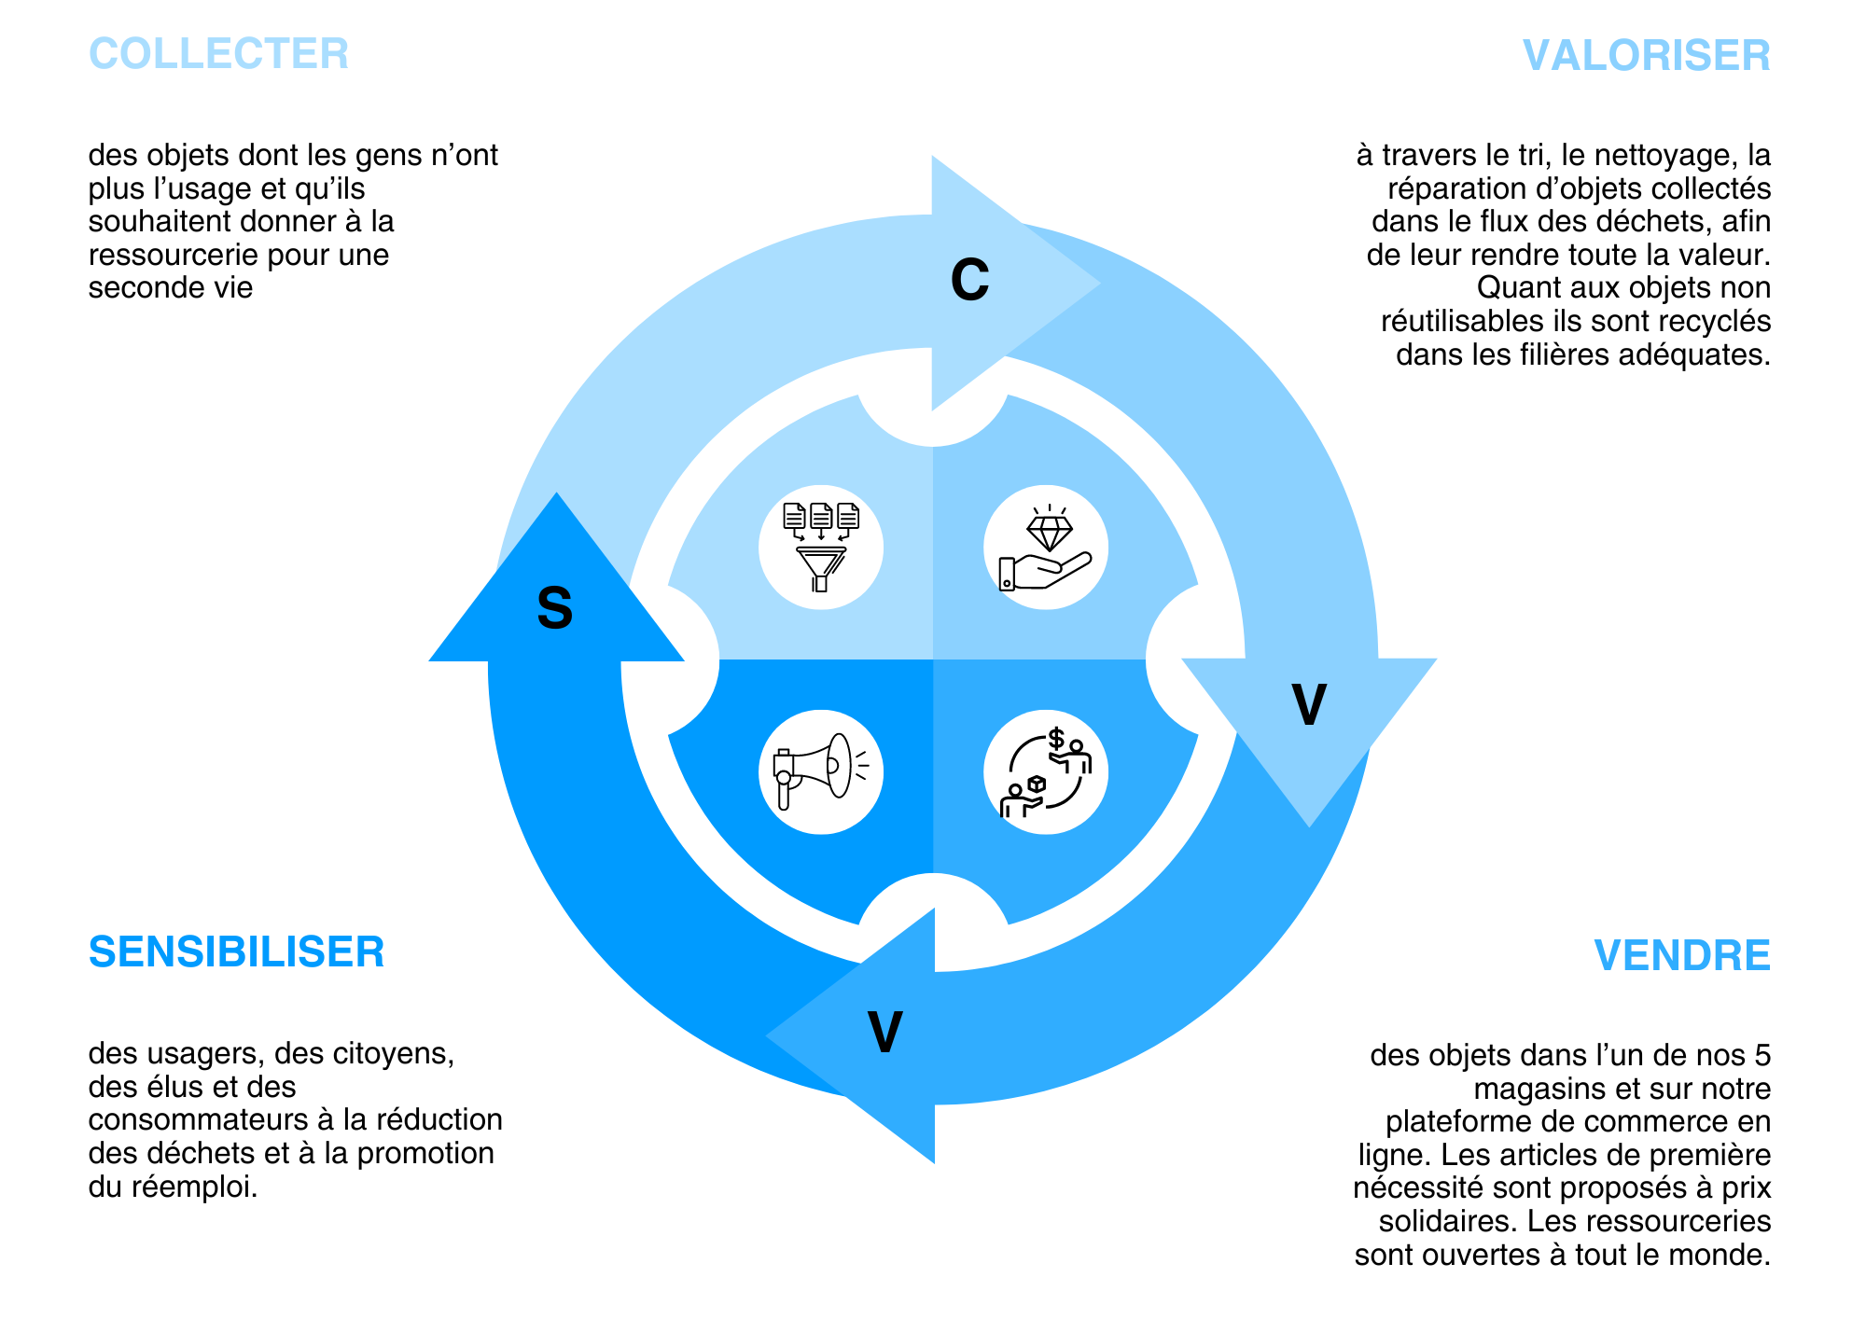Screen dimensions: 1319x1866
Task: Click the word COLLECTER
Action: click(218, 53)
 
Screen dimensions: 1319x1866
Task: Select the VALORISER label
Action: click(1646, 55)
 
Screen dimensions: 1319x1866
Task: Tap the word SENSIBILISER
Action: click(236, 951)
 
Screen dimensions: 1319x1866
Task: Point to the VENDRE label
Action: click(1681, 955)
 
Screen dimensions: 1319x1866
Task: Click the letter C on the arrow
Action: click(969, 279)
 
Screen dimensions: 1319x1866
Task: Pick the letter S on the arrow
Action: click(554, 608)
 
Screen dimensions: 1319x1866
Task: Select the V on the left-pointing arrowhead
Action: click(884, 1032)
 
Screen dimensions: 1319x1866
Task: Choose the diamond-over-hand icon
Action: click(1046, 548)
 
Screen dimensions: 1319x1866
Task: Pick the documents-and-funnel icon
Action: click(820, 548)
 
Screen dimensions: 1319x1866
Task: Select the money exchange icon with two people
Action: click(1046, 771)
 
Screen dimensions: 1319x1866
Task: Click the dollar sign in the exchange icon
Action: click(1056, 739)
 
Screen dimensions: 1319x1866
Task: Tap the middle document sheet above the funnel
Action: click(821, 515)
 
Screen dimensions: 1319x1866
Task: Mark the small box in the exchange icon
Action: click(1036, 784)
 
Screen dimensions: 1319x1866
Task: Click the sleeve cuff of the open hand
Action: click(1007, 574)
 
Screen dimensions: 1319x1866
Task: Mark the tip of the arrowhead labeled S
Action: click(557, 494)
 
